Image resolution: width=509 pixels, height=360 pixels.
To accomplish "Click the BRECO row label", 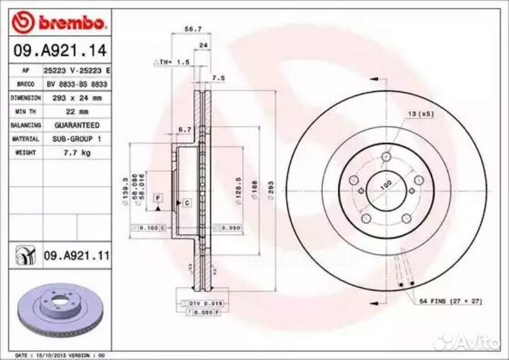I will (25, 84).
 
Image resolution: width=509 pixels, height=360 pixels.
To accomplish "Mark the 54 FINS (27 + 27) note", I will (450, 302).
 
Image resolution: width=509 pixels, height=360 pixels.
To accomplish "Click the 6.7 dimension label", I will (185, 129).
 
